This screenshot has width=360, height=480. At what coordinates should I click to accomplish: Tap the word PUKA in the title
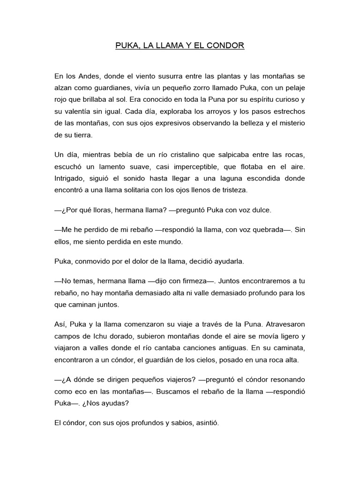coord(127,46)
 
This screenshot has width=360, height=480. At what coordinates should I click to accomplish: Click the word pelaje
coord(294,88)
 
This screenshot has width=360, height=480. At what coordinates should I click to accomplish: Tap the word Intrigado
coord(70,179)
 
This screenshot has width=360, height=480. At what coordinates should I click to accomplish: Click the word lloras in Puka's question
coord(95,210)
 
